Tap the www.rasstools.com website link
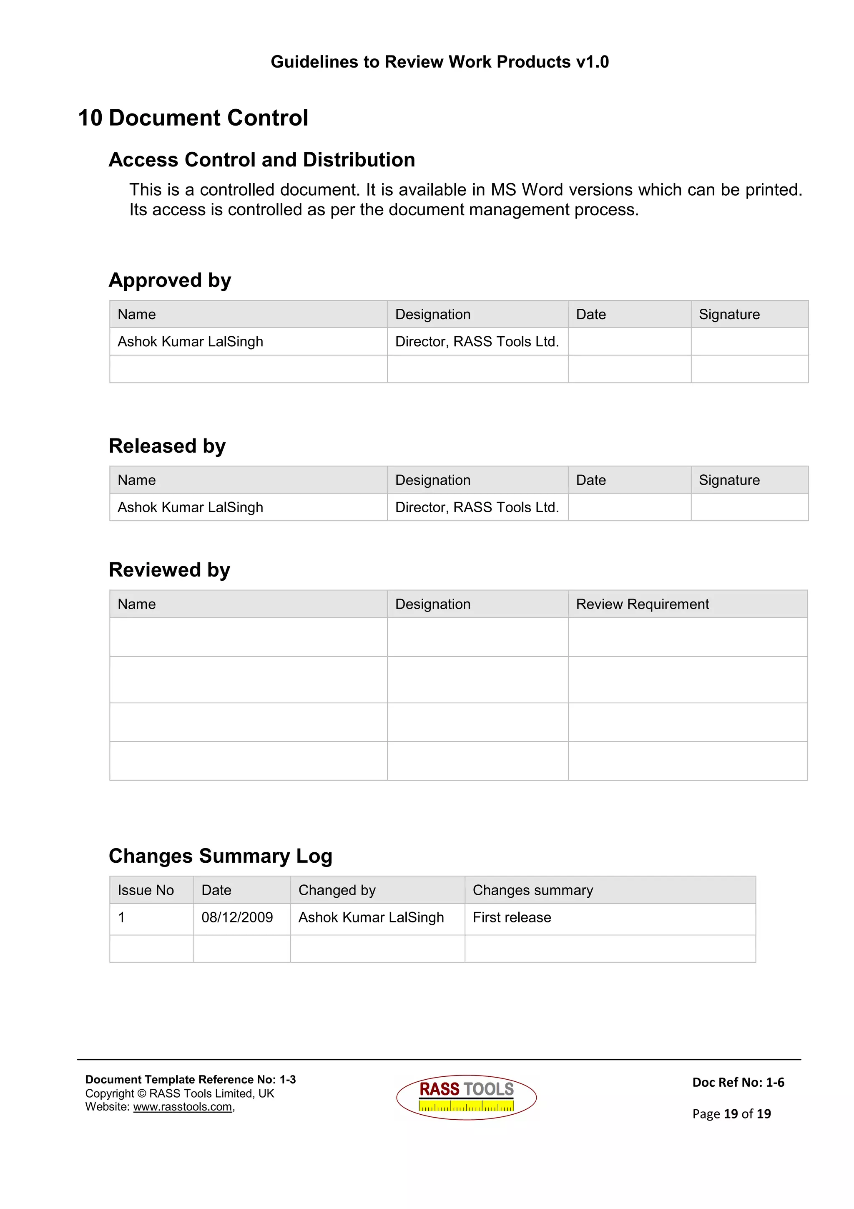183,1107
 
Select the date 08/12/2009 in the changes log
237,917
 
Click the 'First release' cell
512,917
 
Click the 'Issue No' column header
146,890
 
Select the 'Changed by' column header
337,890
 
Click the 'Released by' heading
167,446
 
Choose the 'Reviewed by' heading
169,570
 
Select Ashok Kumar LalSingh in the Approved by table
190,342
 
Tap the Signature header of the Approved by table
729,315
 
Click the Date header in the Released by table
590,480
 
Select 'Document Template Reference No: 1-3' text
191,1080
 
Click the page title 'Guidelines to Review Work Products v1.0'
440,62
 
